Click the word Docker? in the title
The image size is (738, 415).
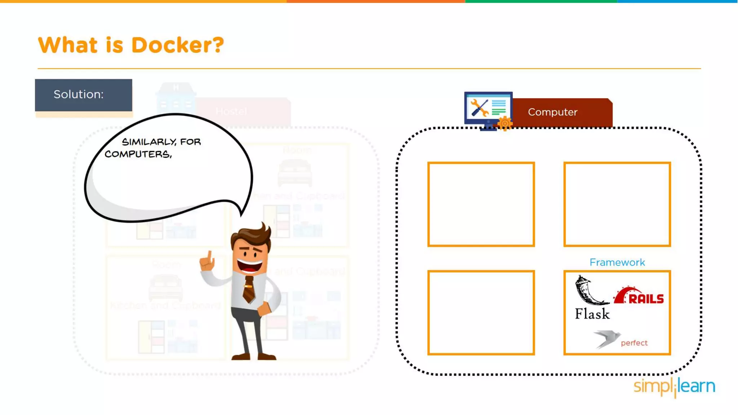[x=177, y=45]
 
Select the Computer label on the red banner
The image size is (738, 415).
[x=553, y=112]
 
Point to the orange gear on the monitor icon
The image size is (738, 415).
[x=505, y=124]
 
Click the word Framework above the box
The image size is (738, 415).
[x=617, y=262]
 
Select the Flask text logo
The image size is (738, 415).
[x=592, y=314]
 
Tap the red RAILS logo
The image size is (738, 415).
[x=640, y=296]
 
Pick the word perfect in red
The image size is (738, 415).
[x=634, y=343]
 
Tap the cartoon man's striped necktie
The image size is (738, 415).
[x=249, y=289]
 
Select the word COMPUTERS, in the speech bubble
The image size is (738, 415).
[x=138, y=154]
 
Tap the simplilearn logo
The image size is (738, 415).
[x=674, y=387]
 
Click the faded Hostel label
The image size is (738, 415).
[x=231, y=111]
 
